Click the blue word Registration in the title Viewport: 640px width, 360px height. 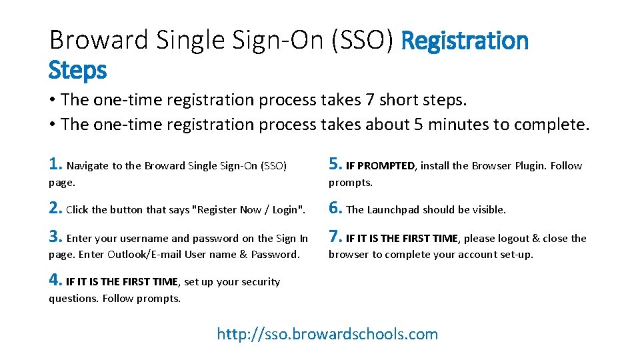click(x=465, y=41)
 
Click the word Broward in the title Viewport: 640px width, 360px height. click(x=99, y=40)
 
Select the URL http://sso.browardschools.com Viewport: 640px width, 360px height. click(x=327, y=334)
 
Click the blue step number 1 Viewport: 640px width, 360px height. click(x=55, y=164)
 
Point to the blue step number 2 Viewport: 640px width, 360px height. click(x=55, y=208)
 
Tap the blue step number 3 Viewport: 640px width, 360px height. click(x=55, y=236)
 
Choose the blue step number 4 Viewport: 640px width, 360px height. click(x=55, y=279)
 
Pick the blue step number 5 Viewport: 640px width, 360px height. click(x=335, y=164)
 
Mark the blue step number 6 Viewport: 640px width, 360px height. click(x=335, y=208)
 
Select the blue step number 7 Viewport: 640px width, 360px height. click(x=335, y=236)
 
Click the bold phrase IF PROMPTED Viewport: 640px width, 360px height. click(x=381, y=166)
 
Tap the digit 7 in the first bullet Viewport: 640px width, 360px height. click(x=370, y=99)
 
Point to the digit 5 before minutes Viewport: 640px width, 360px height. click(x=419, y=125)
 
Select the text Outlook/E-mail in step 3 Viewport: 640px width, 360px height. click(x=144, y=254)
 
